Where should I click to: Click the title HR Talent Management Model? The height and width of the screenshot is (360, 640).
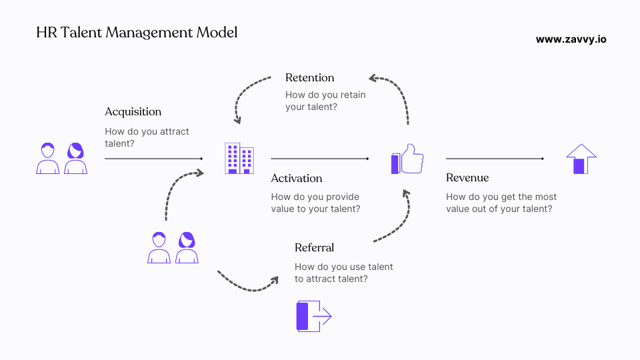pyautogui.click(x=136, y=32)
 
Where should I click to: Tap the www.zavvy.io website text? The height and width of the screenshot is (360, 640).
pyautogui.click(x=571, y=39)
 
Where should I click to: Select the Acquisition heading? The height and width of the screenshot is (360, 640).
pyautogui.click(x=133, y=111)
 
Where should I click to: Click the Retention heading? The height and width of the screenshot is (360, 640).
pyautogui.click(x=309, y=77)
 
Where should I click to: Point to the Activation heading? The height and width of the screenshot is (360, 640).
pyautogui.click(x=296, y=178)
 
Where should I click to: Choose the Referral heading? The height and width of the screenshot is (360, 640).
pyautogui.click(x=314, y=247)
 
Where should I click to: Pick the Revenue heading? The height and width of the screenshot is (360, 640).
pyautogui.click(x=467, y=177)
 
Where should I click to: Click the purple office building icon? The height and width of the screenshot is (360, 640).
pyautogui.click(x=239, y=159)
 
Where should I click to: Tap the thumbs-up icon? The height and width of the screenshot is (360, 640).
pyautogui.click(x=407, y=159)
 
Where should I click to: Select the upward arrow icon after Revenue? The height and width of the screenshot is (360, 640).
pyautogui.click(x=581, y=159)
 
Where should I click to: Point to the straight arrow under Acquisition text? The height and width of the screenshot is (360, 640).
pyautogui.click(x=154, y=159)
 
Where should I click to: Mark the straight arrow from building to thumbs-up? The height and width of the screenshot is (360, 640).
pyautogui.click(x=319, y=159)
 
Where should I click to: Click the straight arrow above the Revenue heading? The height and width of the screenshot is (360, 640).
pyautogui.click(x=495, y=159)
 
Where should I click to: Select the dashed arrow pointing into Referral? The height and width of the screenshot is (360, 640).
pyautogui.click(x=247, y=284)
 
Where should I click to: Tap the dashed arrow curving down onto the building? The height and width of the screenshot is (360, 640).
pyautogui.click(x=250, y=93)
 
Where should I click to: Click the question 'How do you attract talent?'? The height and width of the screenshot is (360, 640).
pyautogui.click(x=147, y=137)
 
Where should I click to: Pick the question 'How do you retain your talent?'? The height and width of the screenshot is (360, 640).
pyautogui.click(x=325, y=101)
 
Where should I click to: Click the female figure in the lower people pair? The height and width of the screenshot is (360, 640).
pyautogui.click(x=187, y=248)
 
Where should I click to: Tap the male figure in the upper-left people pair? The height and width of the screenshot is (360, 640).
pyautogui.click(x=47, y=159)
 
